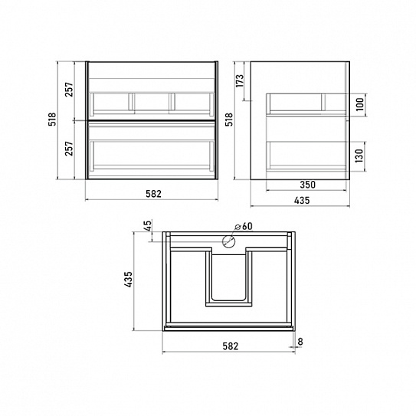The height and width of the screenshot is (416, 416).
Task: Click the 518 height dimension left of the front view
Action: (x=52, y=120)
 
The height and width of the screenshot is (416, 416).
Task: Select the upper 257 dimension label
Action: (x=69, y=90)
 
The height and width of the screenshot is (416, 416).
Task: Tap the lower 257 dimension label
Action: (x=69, y=149)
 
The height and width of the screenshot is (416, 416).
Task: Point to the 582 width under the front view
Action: (x=153, y=194)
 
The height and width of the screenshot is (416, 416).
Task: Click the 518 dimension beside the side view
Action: (x=229, y=120)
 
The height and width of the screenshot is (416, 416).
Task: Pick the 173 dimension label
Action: (x=240, y=80)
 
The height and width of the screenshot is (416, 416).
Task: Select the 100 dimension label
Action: (x=360, y=104)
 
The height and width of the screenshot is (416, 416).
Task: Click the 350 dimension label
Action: (x=307, y=185)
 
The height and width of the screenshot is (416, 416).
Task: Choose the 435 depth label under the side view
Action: (x=302, y=200)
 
